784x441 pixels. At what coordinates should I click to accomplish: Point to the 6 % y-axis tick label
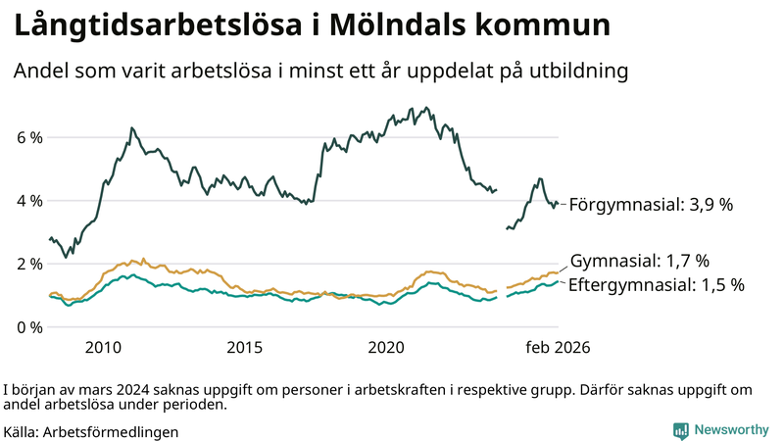[x=28, y=137]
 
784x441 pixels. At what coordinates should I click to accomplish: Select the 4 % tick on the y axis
[x=28, y=201]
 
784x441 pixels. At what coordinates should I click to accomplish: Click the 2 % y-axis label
[x=28, y=264]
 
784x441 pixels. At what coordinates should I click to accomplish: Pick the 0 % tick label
[x=28, y=326]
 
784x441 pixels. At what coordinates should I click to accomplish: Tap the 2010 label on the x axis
[x=103, y=347]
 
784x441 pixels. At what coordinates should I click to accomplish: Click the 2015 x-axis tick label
[x=244, y=347]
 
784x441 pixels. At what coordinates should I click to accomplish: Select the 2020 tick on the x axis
[x=385, y=347]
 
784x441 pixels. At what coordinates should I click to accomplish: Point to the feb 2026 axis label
[x=558, y=347]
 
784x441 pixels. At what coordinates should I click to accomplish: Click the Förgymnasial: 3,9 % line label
[x=651, y=205]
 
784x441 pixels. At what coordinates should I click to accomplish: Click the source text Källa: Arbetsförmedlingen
[x=91, y=431]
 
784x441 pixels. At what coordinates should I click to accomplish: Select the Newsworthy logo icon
[x=680, y=429]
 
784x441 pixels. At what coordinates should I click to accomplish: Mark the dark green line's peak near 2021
[x=426, y=108]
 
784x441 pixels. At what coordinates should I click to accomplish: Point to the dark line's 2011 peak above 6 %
[x=131, y=127]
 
